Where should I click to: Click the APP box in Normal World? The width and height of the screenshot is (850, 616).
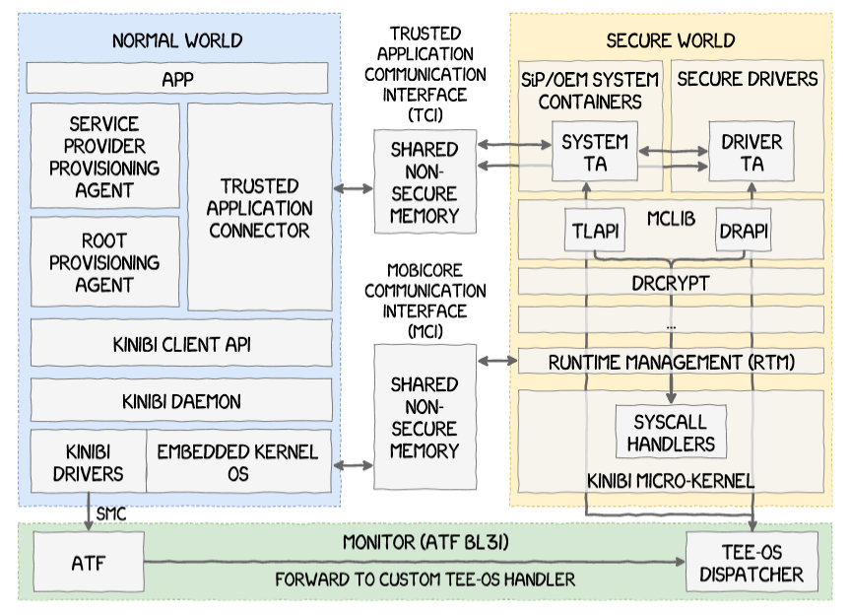(x=178, y=78)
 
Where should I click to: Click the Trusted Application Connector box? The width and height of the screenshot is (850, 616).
(x=260, y=207)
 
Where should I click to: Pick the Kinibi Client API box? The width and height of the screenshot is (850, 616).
(x=181, y=345)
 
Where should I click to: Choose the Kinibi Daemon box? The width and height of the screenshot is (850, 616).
(x=181, y=401)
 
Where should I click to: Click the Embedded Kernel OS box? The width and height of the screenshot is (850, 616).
(x=237, y=461)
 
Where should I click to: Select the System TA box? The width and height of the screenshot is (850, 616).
(x=594, y=153)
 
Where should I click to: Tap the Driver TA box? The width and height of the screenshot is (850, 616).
(x=752, y=153)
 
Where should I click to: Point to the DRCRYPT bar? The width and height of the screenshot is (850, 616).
(x=671, y=282)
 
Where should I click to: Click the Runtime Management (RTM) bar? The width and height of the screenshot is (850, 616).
(x=671, y=361)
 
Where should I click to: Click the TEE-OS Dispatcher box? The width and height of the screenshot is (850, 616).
(x=751, y=562)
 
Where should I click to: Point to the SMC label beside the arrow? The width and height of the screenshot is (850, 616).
(x=111, y=513)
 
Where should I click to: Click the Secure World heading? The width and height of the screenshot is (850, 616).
(x=671, y=40)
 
